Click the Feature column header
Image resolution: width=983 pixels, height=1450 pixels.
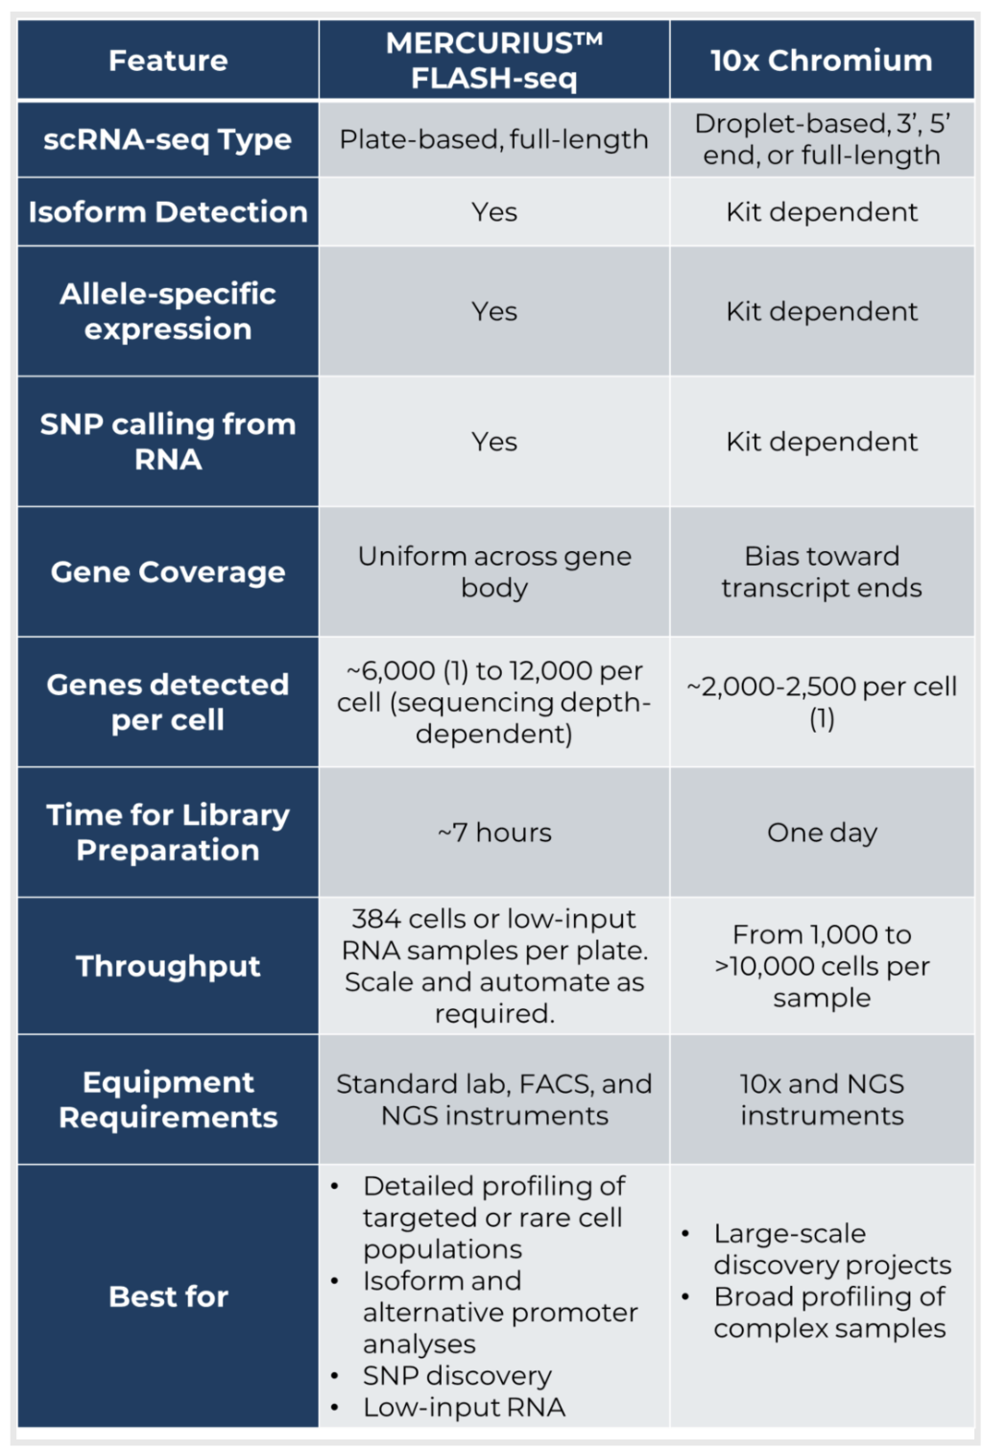click(x=168, y=60)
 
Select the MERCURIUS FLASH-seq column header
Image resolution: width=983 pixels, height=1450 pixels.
click(x=493, y=60)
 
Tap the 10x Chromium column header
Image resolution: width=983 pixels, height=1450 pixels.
click(x=821, y=60)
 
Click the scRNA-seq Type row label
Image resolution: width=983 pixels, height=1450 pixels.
click(x=168, y=139)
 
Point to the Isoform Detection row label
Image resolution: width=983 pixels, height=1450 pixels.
click(x=168, y=212)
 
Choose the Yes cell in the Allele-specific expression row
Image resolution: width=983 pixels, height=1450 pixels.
click(x=493, y=311)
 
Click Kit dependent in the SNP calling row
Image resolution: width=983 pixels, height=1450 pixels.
click(x=821, y=442)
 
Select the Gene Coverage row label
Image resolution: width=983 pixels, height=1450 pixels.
click(x=168, y=572)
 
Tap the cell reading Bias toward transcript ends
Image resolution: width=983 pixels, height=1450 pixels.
click(x=821, y=572)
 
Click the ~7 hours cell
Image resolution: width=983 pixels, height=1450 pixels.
click(x=493, y=833)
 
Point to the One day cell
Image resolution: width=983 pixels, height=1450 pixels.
click(x=821, y=833)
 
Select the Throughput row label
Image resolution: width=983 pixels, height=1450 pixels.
click(x=168, y=966)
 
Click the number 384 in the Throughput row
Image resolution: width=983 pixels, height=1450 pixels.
click(x=376, y=919)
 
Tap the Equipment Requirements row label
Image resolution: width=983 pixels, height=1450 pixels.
click(x=168, y=1100)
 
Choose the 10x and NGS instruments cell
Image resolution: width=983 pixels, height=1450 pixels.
click(x=821, y=1100)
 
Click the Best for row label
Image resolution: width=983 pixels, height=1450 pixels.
click(x=168, y=1296)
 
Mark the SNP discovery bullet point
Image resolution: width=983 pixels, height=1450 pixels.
click(x=457, y=1376)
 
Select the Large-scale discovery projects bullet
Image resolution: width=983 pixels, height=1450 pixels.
click(x=831, y=1249)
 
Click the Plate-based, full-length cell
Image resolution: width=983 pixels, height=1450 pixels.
click(x=493, y=139)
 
